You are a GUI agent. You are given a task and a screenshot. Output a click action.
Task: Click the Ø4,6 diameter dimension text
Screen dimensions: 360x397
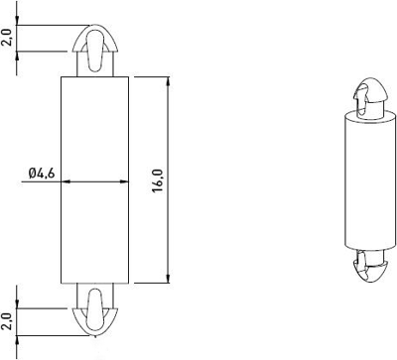coord(44,174)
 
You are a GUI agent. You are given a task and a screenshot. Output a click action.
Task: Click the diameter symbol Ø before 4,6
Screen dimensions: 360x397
coord(33,174)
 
